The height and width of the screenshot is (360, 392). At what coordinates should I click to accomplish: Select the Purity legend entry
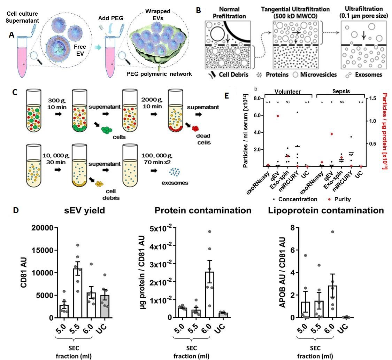tap(339, 199)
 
